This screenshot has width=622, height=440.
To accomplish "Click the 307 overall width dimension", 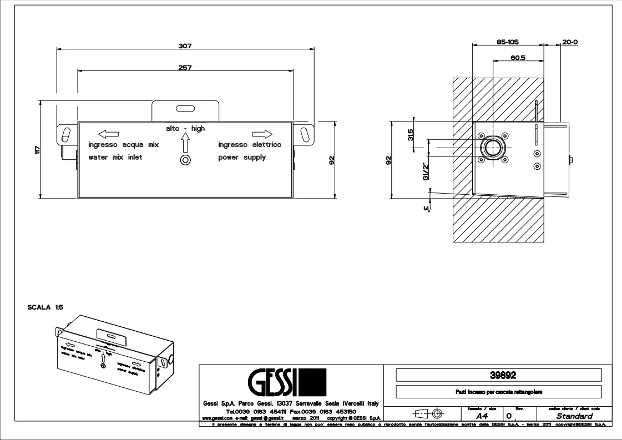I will tap(185, 45).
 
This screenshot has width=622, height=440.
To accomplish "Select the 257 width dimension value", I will tap(185, 68).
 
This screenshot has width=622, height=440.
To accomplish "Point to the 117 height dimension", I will tap(37, 149).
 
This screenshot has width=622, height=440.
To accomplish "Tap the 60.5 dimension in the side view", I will tap(518, 57).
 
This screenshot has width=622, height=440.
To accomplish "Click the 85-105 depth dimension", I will tap(507, 42).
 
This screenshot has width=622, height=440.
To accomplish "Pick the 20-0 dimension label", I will tap(569, 42).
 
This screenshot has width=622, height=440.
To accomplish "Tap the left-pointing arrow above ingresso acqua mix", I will tap(109, 133).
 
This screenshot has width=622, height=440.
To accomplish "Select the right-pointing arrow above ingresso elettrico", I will tap(262, 133).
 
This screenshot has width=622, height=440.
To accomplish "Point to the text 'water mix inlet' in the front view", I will tap(115, 158).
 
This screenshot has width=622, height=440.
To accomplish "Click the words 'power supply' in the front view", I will tap(242, 158).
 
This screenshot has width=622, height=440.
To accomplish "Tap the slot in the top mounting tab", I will tap(186, 109).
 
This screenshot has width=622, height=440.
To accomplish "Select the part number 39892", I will tap(498, 375).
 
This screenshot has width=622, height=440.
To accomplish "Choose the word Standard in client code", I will tap(574, 416).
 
